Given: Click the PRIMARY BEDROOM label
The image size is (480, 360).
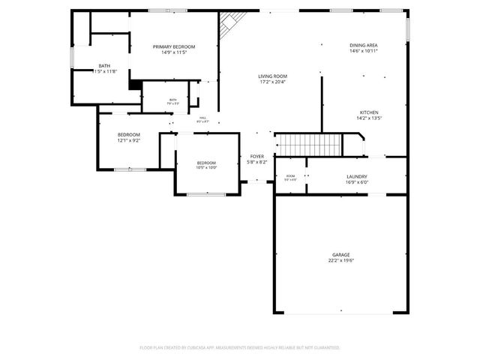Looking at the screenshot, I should [169, 46].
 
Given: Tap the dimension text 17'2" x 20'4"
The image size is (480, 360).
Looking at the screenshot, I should [273, 82].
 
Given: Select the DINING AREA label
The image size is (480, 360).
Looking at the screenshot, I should [363, 45].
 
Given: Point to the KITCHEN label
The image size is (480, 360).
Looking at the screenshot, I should [367, 112].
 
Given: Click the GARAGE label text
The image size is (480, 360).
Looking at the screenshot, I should [340, 255].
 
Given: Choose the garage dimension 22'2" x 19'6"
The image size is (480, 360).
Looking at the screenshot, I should [340, 261].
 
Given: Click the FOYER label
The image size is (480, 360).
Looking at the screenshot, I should [257, 157].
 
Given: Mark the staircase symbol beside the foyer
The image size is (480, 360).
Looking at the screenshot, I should [307, 142].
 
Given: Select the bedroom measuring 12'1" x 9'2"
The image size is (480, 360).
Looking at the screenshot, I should [128, 137].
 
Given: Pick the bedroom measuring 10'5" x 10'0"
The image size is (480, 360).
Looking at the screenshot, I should [206, 165].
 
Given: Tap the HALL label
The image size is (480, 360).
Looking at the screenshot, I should [202, 118].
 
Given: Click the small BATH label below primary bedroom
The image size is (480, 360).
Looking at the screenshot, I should [172, 100].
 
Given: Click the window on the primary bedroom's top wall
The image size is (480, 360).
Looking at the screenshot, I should [169, 10].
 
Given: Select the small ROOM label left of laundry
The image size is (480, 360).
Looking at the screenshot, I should [290, 177].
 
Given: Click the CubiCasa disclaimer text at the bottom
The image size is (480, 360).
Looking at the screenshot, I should [240, 347].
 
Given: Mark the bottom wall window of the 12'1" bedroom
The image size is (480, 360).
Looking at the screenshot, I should [129, 169].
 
